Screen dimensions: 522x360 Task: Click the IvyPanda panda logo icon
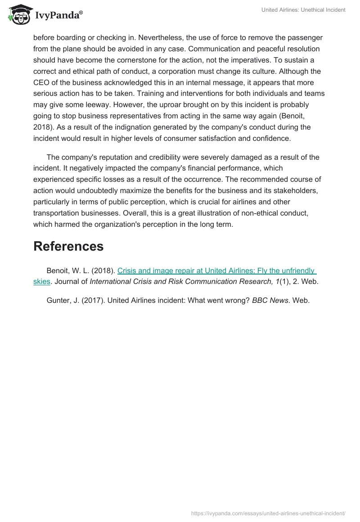pos(18,15)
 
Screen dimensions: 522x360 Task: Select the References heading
pos(68,246)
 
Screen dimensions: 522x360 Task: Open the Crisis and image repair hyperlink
pos(216,271)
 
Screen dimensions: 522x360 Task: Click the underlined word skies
pos(41,282)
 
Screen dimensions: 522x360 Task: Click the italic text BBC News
pos(270,301)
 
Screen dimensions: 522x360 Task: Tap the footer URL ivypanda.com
pos(268,513)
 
